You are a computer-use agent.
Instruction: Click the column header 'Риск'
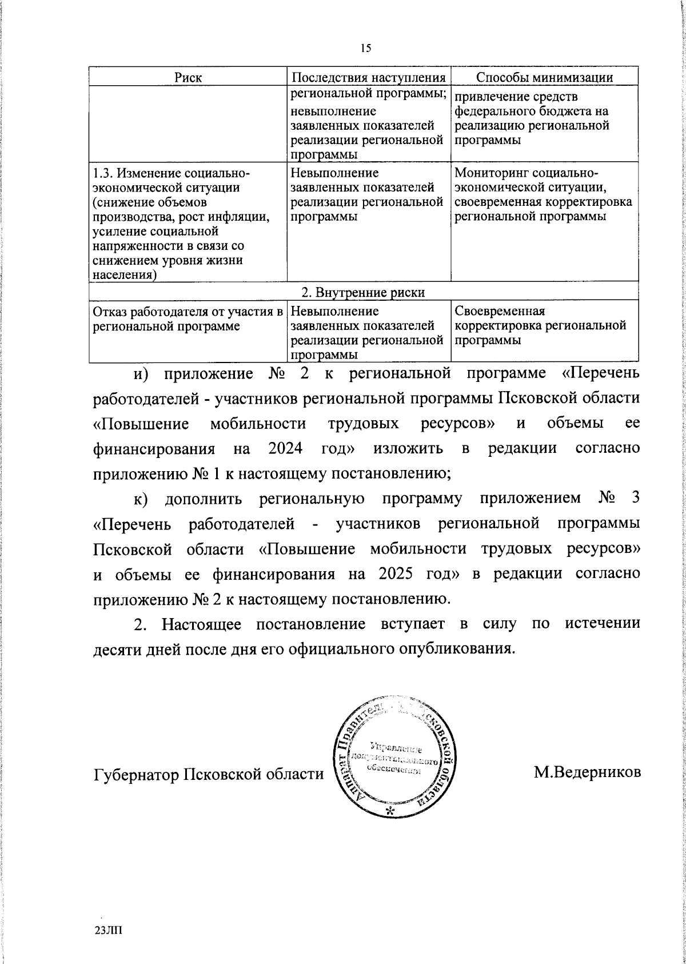[188, 78]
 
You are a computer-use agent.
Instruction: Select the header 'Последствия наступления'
[369, 78]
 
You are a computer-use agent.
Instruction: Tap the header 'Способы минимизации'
[545, 78]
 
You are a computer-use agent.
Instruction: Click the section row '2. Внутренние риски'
[363, 292]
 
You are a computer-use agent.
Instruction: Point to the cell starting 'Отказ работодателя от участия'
[188, 319]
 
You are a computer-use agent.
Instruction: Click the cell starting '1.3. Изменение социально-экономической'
[181, 224]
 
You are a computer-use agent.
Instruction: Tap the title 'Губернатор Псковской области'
[208, 774]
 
